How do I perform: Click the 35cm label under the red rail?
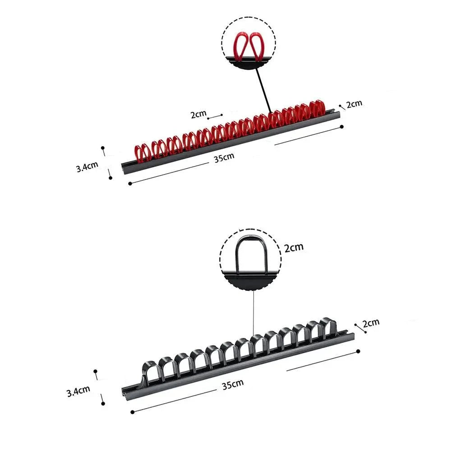point(224,157)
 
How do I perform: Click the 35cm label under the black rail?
point(233,384)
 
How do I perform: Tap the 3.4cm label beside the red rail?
point(87,166)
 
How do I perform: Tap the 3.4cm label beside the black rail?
point(78,391)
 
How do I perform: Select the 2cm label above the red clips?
point(198,114)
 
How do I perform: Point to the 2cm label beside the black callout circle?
point(294,247)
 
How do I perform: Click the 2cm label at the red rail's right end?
point(354,104)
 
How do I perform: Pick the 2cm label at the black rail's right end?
point(371,323)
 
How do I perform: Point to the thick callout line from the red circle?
point(263,90)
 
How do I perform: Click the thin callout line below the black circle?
point(253,313)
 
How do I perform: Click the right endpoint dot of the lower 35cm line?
point(358,351)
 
